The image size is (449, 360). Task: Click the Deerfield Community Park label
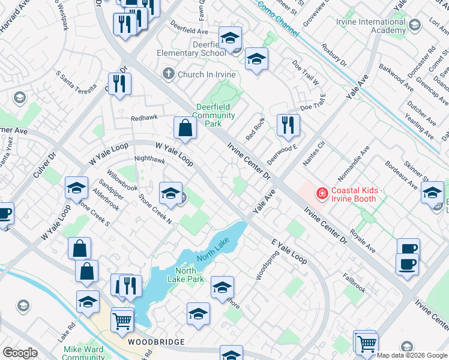coord(215,116)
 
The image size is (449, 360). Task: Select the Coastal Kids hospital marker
coord(322,193)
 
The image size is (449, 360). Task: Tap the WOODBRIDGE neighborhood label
coord(156,341)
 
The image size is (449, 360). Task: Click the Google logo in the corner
coord(20,353)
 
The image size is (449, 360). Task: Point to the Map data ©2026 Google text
coord(412,355)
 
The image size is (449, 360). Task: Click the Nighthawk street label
coord(149,160)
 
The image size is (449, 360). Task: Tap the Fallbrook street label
coord(354,283)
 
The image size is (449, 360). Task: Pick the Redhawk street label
coord(145,118)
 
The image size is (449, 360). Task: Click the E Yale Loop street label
coord(289,250)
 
